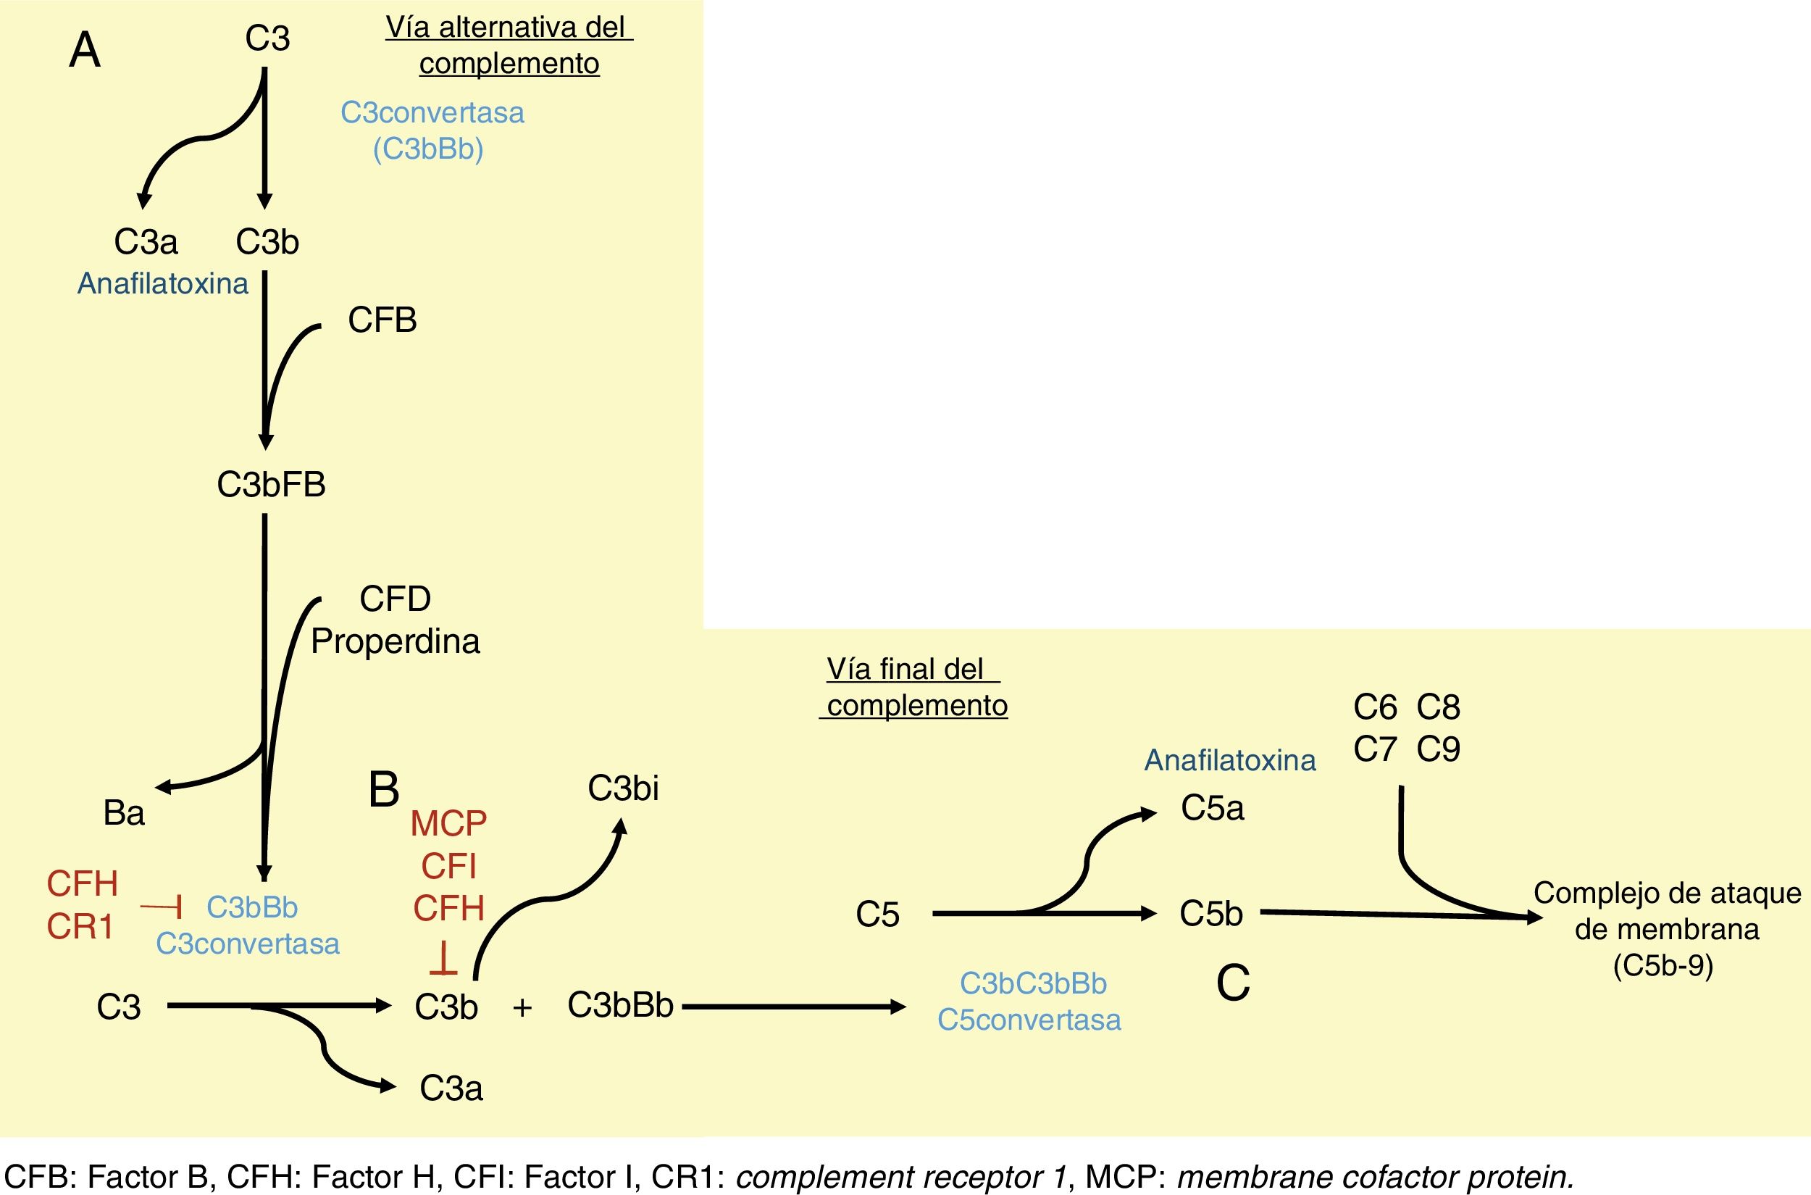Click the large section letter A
pyautogui.click(x=85, y=52)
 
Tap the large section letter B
pyautogui.click(x=383, y=790)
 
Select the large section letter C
pyautogui.click(x=1233, y=983)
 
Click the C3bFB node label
pyautogui.click(x=271, y=485)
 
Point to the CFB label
pyautogui.click(x=382, y=320)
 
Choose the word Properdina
pyautogui.click(x=396, y=641)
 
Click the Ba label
pyautogui.click(x=123, y=813)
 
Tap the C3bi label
pyautogui.click(x=622, y=788)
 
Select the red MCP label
pyautogui.click(x=448, y=824)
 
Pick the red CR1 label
pyautogui.click(x=80, y=927)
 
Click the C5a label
pyautogui.click(x=1211, y=808)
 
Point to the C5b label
pyautogui.click(x=1210, y=913)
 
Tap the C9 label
pyautogui.click(x=1438, y=749)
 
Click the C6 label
pyautogui.click(x=1374, y=707)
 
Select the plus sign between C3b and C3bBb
pyautogui.click(x=522, y=1007)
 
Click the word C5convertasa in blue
pyautogui.click(x=1029, y=1020)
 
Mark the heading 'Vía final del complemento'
pyautogui.click(x=916, y=687)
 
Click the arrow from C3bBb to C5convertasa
pyautogui.click(x=792, y=1007)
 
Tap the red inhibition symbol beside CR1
pyautogui.click(x=162, y=907)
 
